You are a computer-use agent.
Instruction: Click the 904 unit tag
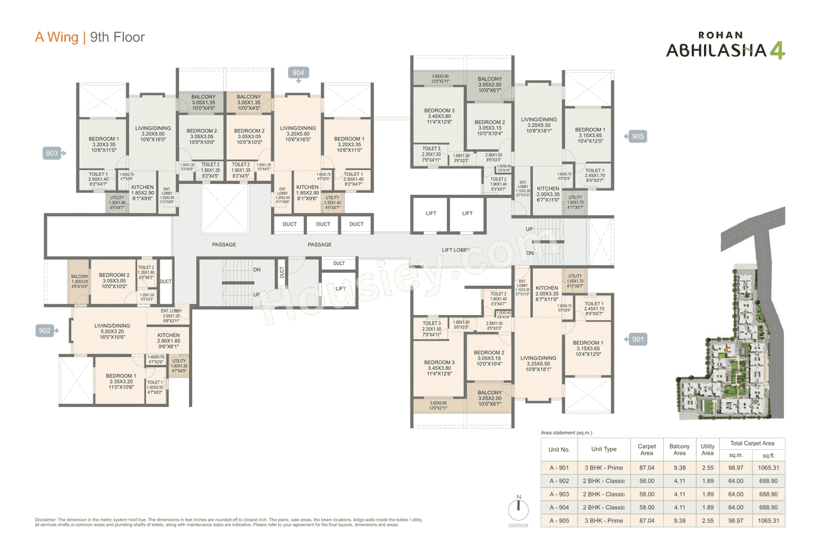point(299,73)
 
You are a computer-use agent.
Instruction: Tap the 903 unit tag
point(52,153)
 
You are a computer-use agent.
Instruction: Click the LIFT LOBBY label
point(456,250)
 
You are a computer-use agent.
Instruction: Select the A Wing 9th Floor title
point(89,37)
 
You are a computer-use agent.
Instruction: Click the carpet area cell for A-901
point(646,468)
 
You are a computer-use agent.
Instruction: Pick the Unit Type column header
point(604,449)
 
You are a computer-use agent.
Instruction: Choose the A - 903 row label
point(560,494)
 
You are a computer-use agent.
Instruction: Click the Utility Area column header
point(707,449)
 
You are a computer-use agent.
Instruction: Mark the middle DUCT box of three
point(323,224)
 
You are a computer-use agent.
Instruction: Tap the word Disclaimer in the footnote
point(48,520)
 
